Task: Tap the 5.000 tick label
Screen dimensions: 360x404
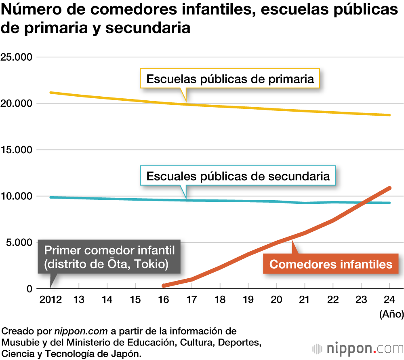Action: coord(19,243)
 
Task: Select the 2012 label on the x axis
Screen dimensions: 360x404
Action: coord(50,300)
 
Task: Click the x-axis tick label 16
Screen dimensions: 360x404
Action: coord(163,300)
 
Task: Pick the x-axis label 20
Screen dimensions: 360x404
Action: coord(276,300)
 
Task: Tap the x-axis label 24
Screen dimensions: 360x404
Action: coord(389,300)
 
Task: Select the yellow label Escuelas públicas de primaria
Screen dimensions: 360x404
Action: coord(230,78)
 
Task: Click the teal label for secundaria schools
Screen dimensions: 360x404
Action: coord(238,176)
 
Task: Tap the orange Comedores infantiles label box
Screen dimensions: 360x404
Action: coord(331,264)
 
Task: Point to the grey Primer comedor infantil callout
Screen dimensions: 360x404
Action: coord(109,257)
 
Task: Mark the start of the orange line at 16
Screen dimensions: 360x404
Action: coord(163,286)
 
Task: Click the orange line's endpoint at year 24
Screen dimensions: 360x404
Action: coord(389,188)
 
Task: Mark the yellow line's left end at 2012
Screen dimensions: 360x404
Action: coord(50,93)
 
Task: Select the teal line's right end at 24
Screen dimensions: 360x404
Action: coord(389,203)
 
